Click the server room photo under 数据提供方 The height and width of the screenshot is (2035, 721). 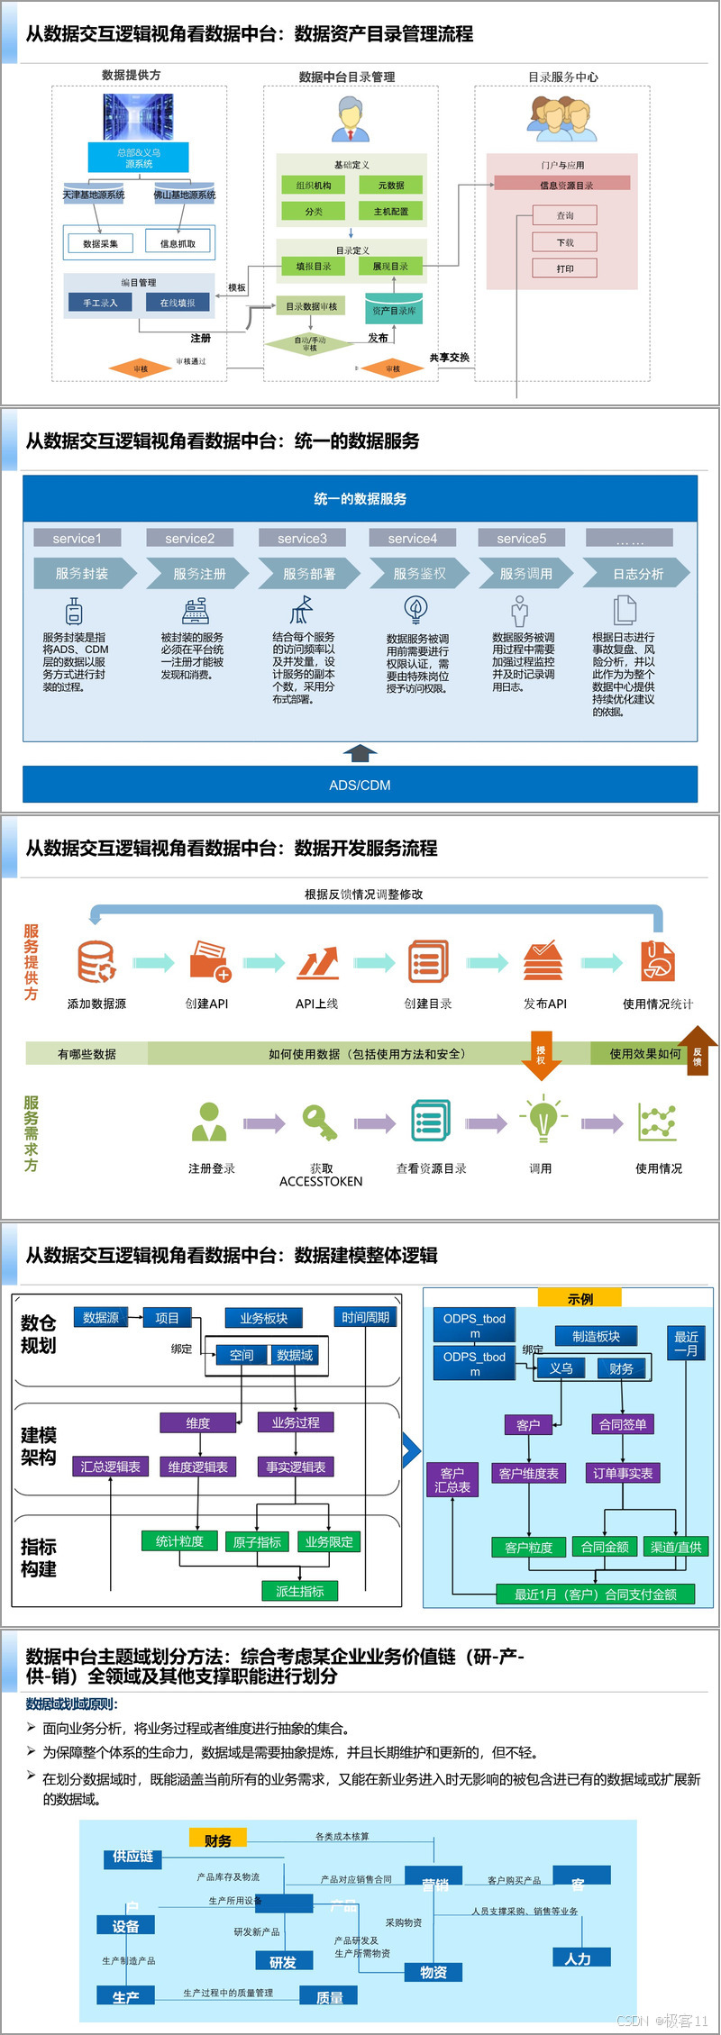click(x=138, y=115)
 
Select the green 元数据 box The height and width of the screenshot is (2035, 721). click(x=391, y=186)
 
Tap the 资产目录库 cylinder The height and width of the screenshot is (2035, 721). click(x=394, y=309)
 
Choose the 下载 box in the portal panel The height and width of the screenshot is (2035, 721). click(x=565, y=242)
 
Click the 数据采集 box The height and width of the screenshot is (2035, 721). click(x=100, y=243)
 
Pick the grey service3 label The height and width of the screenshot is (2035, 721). click(x=302, y=538)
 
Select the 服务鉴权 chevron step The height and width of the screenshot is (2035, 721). click(x=419, y=573)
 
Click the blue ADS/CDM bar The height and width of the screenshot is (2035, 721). click(x=360, y=785)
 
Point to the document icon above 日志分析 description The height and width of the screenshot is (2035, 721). click(x=624, y=610)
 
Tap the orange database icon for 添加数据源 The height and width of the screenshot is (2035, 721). click(x=96, y=961)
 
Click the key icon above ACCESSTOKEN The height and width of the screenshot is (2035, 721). click(x=319, y=1122)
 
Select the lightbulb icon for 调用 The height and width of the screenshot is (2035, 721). click(x=543, y=1120)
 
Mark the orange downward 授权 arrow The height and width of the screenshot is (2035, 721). click(x=542, y=1058)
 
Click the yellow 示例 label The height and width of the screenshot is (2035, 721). click(x=580, y=1298)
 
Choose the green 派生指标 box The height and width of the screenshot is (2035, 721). click(x=300, y=1592)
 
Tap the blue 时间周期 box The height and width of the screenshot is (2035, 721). click(x=365, y=1317)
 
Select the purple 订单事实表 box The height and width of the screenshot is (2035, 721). click(x=623, y=1473)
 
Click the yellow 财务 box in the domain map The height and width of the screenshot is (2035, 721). click(x=217, y=1840)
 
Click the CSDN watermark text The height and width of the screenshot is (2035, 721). click(x=662, y=2021)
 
